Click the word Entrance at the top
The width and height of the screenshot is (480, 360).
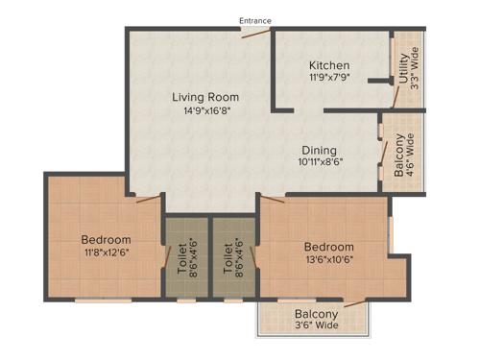click(x=255, y=20)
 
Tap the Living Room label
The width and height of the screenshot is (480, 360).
click(x=205, y=97)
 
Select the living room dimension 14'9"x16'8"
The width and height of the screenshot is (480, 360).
click(x=205, y=110)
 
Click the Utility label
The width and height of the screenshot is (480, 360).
click(x=402, y=72)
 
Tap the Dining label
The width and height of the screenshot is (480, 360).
click(x=320, y=150)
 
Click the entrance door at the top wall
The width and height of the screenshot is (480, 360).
click(x=254, y=33)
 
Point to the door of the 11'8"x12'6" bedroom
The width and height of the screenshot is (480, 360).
click(x=148, y=199)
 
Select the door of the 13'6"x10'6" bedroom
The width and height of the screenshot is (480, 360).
click(x=273, y=201)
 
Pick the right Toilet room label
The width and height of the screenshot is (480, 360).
click(x=228, y=256)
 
